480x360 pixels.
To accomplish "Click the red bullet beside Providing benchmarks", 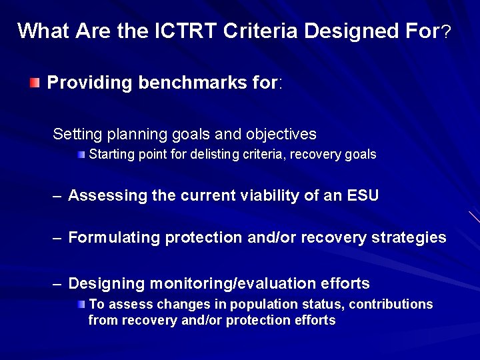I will tap(34, 83).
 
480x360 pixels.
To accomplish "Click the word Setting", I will tap(75, 134).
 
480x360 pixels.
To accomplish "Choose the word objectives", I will tap(281, 134).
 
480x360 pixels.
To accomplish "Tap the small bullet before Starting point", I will tap(80, 155).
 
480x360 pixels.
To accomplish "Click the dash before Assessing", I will tap(58, 196).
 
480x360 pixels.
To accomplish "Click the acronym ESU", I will tap(363, 195).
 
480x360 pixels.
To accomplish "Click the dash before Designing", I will tap(58, 284).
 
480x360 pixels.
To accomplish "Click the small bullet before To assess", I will tap(80, 304).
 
